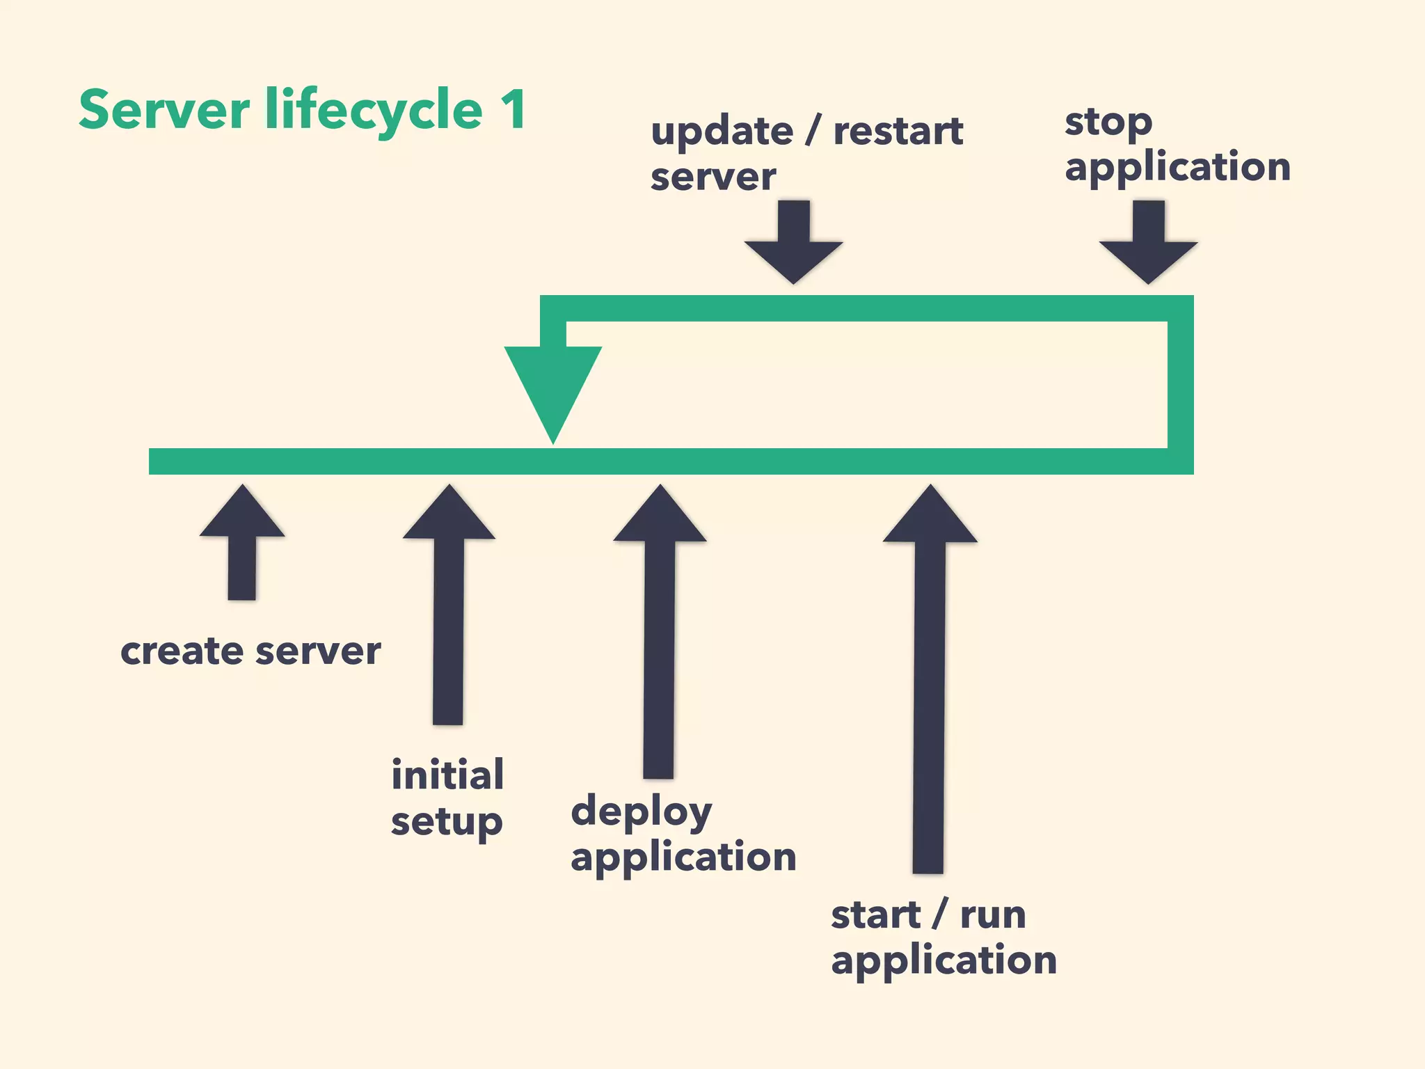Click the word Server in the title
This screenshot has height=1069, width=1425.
(164, 110)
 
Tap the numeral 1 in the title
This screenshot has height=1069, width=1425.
(514, 110)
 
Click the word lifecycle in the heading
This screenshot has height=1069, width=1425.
(374, 111)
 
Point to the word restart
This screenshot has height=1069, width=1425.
(898, 132)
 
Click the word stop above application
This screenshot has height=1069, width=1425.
(1108, 124)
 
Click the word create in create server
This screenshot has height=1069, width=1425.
(182, 652)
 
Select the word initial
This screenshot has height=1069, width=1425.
(447, 775)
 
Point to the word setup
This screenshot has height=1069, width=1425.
(446, 823)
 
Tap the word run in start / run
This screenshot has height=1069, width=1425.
(993, 915)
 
